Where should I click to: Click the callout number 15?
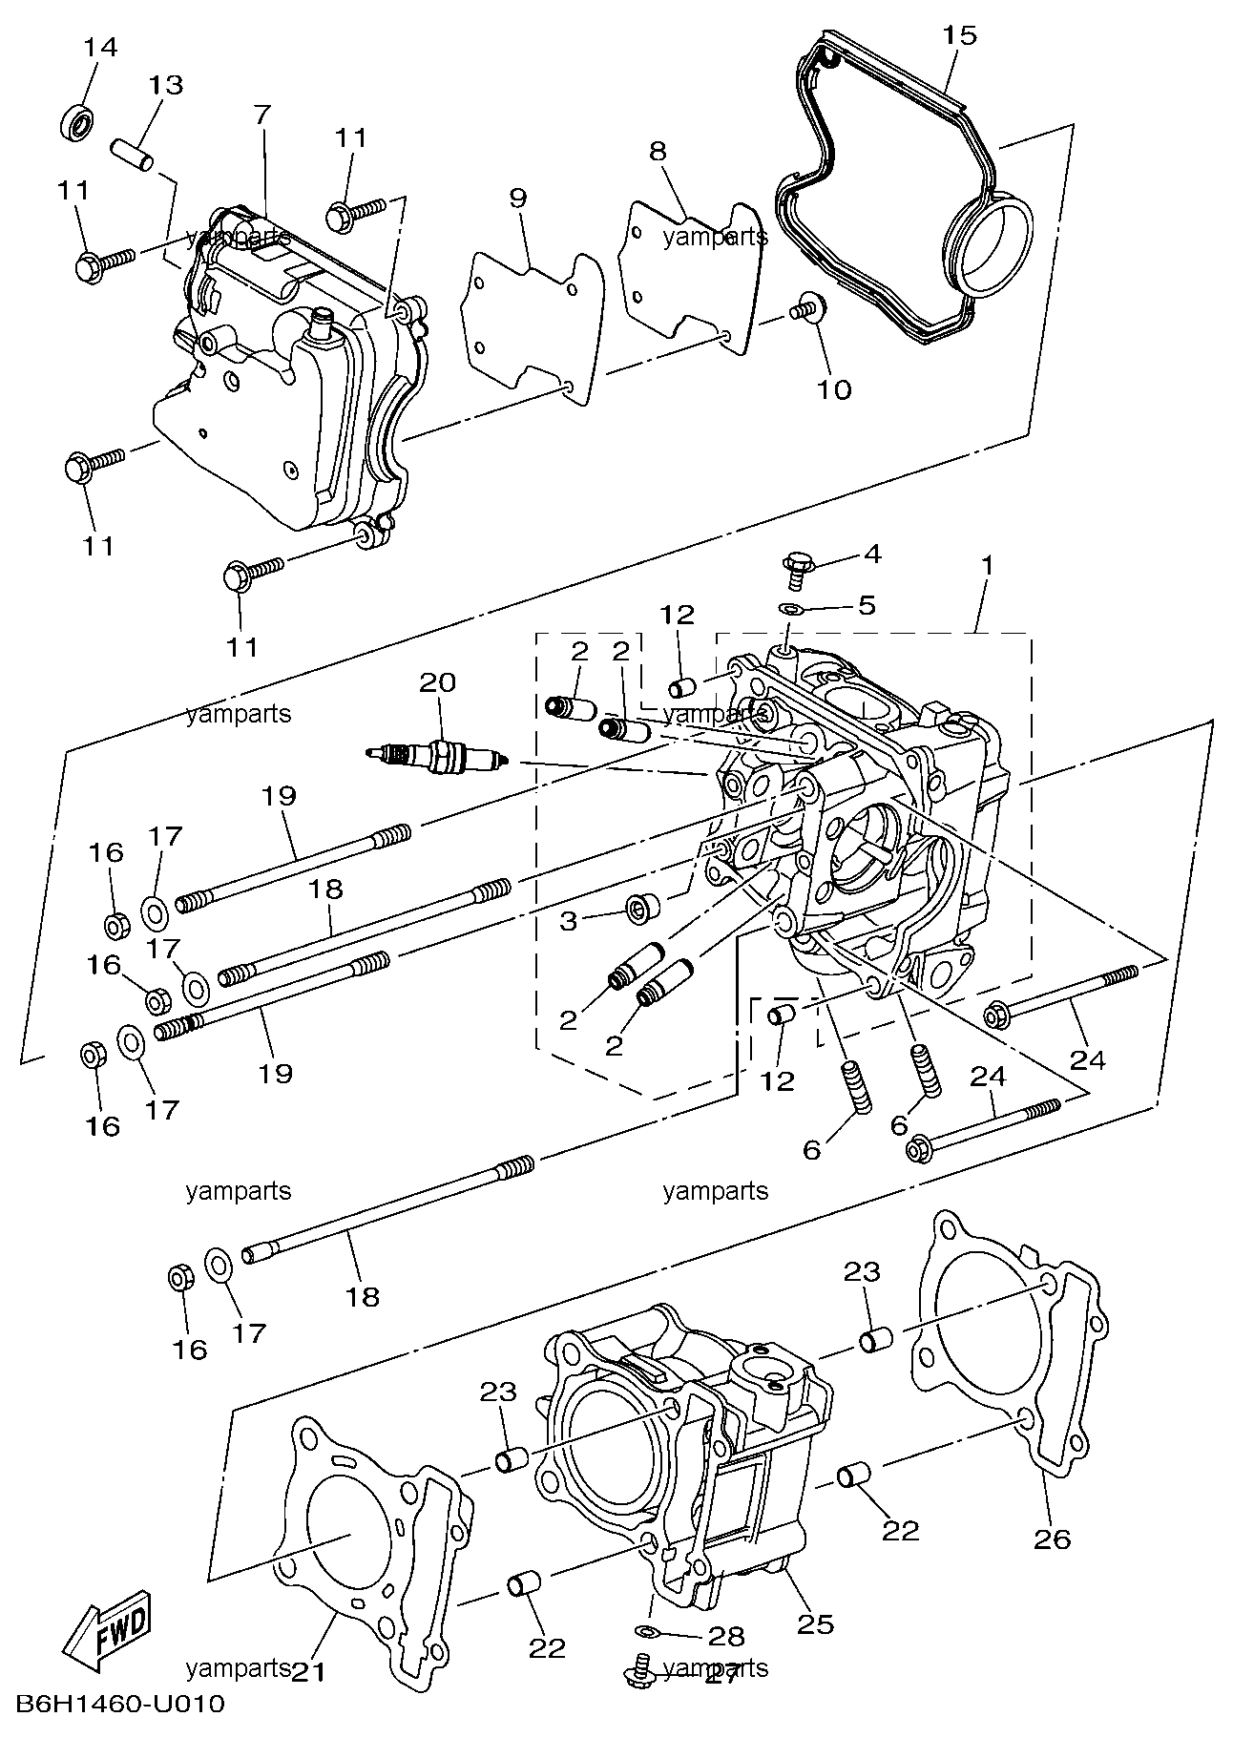pos(960,35)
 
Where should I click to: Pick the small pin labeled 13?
pos(132,157)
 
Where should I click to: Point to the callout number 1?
pos(987,565)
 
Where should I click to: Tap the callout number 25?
pos(817,1623)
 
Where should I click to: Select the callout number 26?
pos(1053,1539)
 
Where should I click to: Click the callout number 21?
pos(307,1671)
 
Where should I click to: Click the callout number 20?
pos(438,681)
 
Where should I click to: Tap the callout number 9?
pos(517,199)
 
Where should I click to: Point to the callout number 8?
pos(658,151)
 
